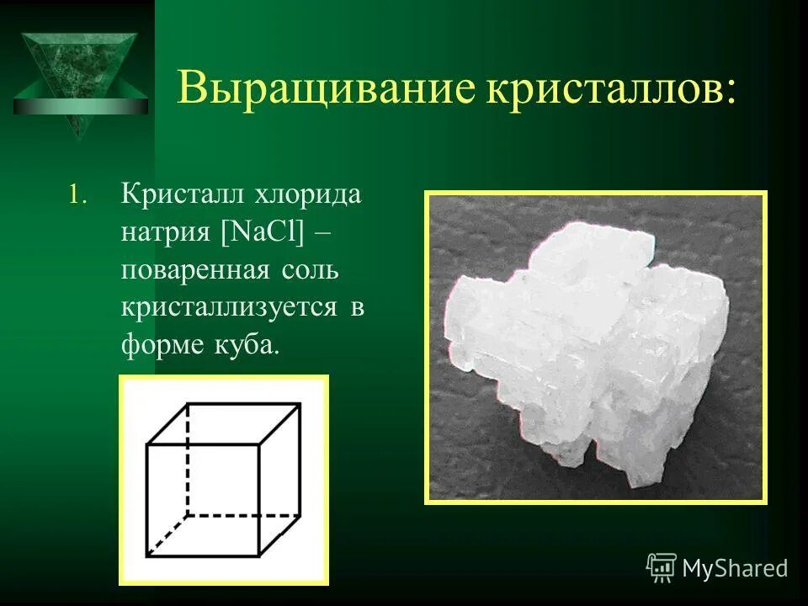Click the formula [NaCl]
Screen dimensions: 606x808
tap(262, 232)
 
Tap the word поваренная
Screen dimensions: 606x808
tap(194, 271)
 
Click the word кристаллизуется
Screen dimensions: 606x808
tap(230, 308)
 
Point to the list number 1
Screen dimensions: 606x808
tap(77, 195)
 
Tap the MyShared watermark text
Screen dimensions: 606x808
tap(735, 569)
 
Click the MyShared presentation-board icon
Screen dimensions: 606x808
tap(661, 567)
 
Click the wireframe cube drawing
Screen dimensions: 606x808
tap(223, 480)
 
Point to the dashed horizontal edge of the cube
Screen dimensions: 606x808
tap(244, 514)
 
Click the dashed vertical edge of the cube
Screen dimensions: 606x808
tap(187, 459)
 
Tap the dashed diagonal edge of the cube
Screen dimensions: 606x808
tap(167, 535)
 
